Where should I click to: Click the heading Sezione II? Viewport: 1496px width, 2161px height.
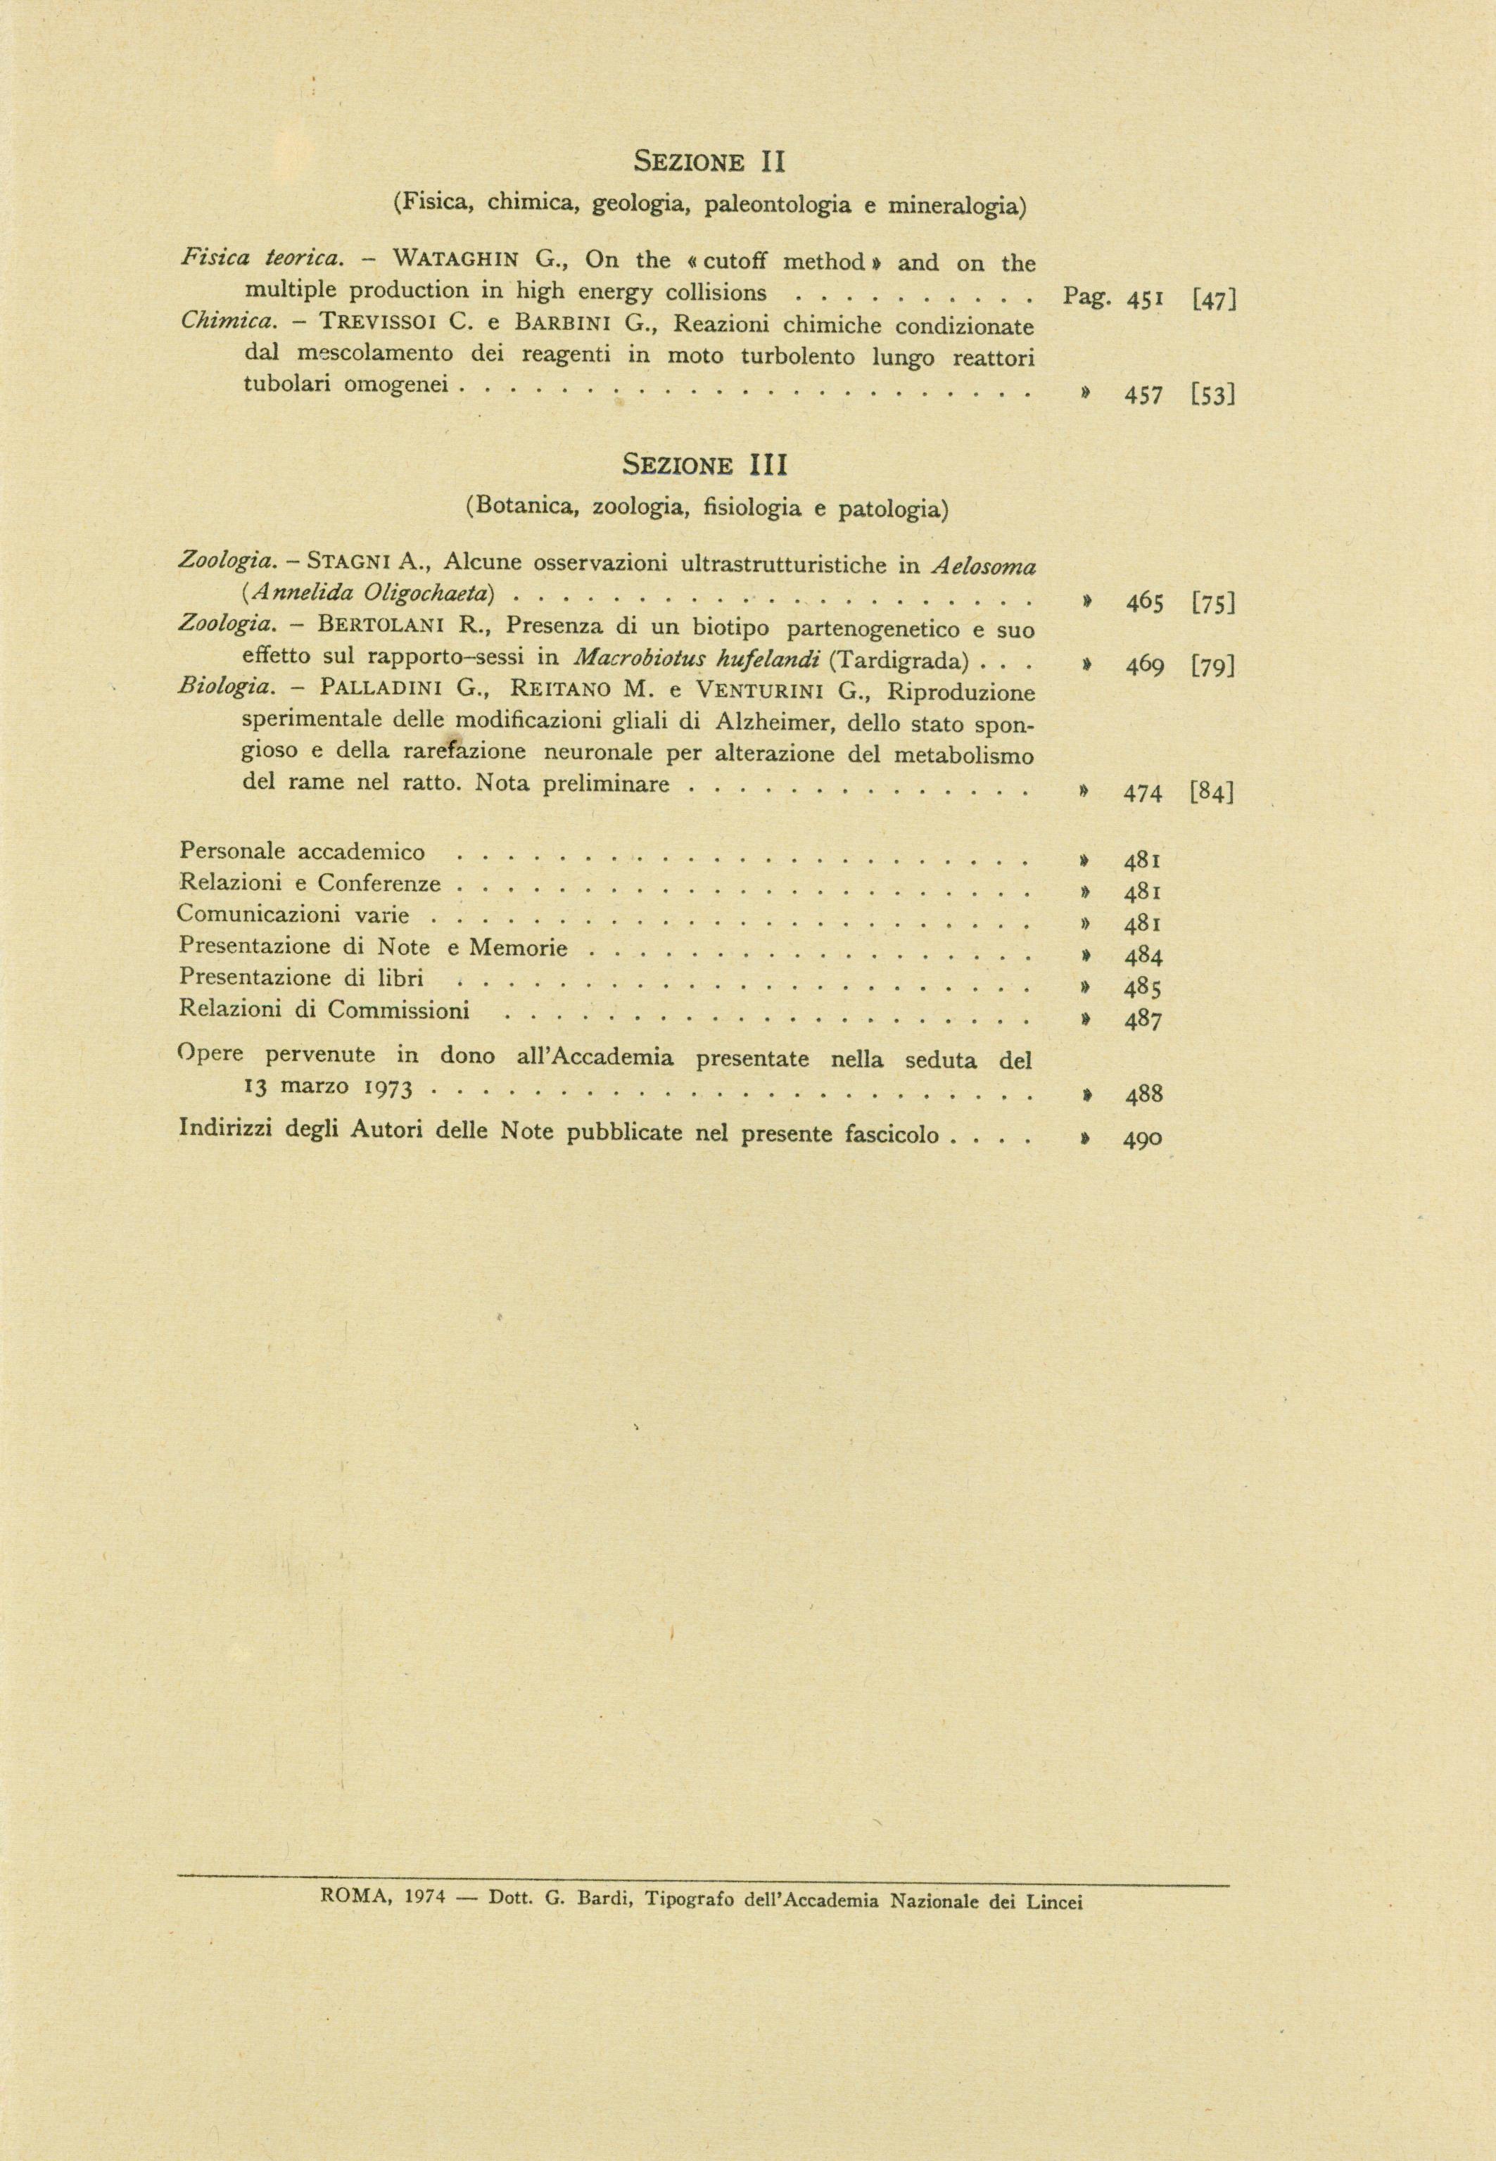pyautogui.click(x=709, y=162)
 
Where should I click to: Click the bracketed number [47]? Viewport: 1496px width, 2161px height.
pyautogui.click(x=1215, y=300)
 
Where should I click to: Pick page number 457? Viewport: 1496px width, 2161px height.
pyautogui.click(x=1144, y=395)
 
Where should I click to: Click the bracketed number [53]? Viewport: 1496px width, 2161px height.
pyautogui.click(x=1214, y=395)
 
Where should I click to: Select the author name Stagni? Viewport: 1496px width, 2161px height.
pyautogui.click(x=341, y=562)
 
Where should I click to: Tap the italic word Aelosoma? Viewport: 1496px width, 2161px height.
pyautogui.click(x=983, y=565)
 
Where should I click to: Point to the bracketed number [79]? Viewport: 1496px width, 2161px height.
pyautogui.click(x=1214, y=667)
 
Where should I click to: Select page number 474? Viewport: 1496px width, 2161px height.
pyautogui.click(x=1143, y=794)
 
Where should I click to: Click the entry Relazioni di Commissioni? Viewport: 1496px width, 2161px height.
pyautogui.click(x=324, y=1011)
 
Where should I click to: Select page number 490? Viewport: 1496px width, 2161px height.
pyautogui.click(x=1143, y=1139)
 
